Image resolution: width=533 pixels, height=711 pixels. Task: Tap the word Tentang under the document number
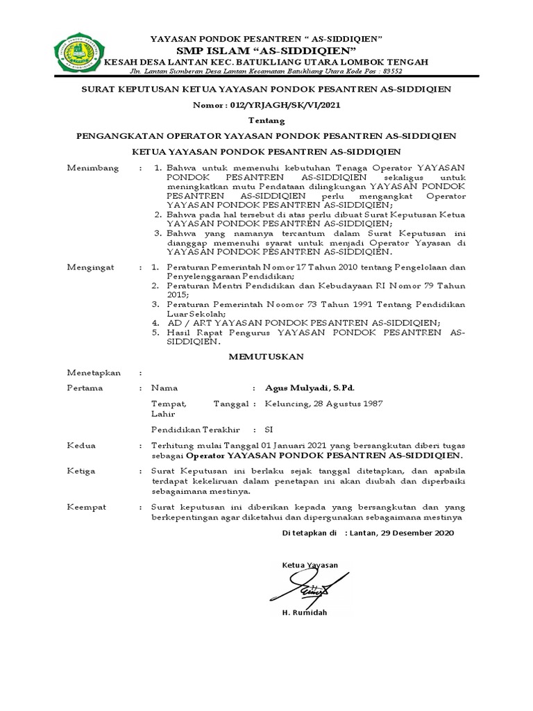click(x=266, y=119)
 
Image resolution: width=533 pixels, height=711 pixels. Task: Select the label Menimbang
click(x=92, y=169)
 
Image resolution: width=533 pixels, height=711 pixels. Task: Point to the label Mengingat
click(x=92, y=267)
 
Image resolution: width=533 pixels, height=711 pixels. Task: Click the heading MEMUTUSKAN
click(x=266, y=356)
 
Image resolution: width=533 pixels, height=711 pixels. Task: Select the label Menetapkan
click(x=94, y=373)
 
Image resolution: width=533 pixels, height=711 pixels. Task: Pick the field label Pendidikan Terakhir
click(x=195, y=430)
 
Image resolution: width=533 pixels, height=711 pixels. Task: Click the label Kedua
click(x=81, y=445)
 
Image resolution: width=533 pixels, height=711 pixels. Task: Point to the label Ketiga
click(x=81, y=471)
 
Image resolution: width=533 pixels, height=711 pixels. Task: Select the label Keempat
click(x=86, y=508)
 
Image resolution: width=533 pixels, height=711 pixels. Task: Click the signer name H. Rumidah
click(x=304, y=613)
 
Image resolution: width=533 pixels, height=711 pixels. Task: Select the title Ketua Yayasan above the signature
click(x=310, y=565)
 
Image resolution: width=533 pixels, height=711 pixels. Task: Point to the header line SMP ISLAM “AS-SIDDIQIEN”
click(x=266, y=51)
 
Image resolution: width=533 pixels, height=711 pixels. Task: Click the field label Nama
click(x=164, y=388)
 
